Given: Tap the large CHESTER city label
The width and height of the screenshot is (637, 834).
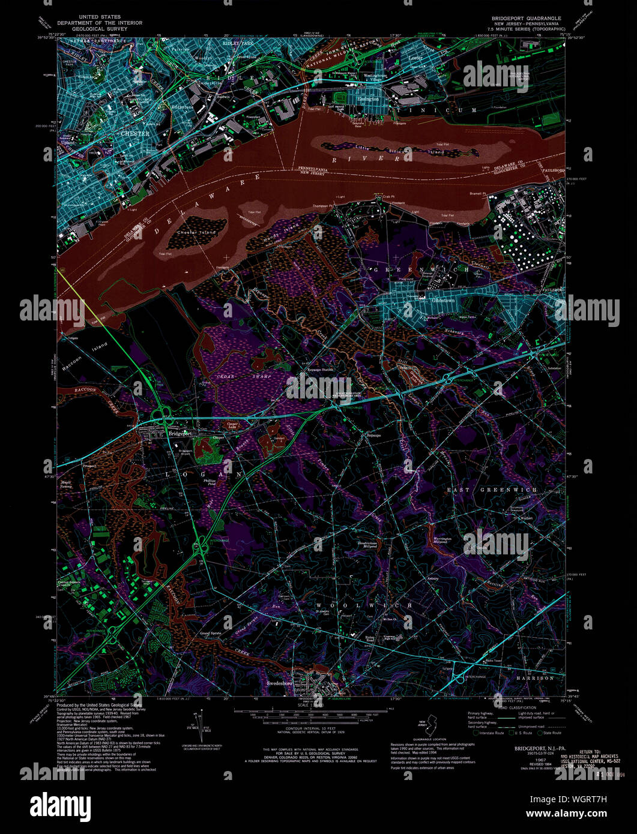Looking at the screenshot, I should coord(135,133).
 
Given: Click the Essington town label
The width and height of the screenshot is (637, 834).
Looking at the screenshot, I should coord(367,99).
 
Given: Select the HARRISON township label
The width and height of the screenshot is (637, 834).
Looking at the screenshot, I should coord(534,677).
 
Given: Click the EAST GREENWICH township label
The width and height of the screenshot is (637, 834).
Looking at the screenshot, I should coord(492,490).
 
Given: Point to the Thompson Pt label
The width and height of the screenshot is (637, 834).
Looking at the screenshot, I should coord(323,205).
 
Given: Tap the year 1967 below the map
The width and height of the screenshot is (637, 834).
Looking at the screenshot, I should coord(530,759).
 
